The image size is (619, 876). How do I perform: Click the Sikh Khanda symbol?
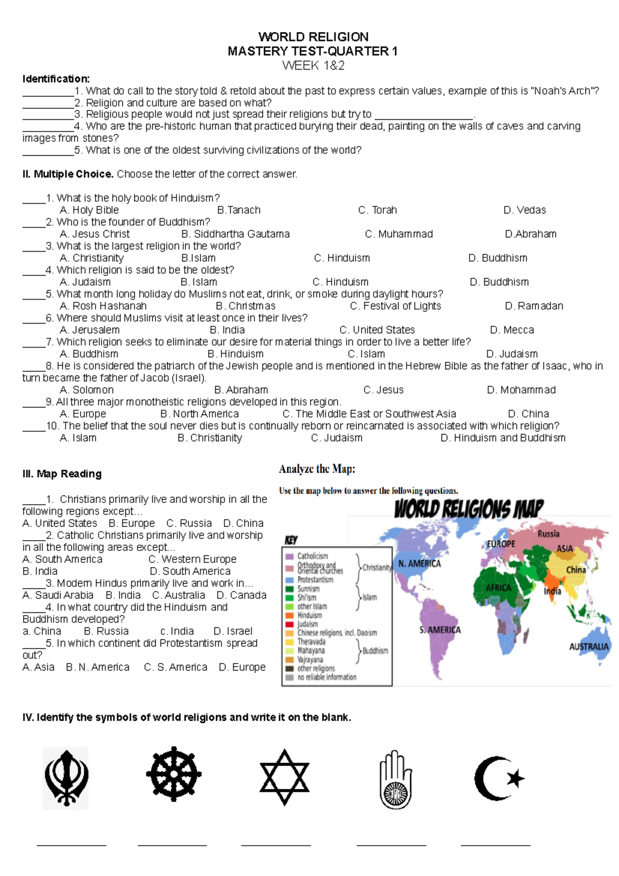(66, 778)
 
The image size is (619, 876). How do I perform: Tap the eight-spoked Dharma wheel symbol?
(173, 774)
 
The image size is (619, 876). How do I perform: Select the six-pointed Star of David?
(284, 777)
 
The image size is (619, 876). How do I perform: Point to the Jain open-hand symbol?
(395, 779)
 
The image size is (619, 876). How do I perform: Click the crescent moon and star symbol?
(499, 778)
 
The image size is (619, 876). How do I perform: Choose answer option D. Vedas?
(524, 210)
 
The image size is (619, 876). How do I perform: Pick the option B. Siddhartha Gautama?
(235, 234)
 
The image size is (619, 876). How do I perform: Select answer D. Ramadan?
(533, 306)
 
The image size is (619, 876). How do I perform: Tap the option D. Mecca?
(512, 330)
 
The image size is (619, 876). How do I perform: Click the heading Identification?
(56, 79)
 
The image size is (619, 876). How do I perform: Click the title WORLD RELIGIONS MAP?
(468, 509)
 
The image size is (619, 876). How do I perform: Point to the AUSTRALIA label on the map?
(589, 646)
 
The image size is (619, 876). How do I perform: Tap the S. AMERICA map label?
(439, 630)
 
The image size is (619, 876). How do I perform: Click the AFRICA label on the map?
(498, 588)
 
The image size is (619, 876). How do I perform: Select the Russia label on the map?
(548, 534)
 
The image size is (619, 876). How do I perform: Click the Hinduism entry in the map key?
(309, 615)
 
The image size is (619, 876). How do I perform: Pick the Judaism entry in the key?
(307, 624)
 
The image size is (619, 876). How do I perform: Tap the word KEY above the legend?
(291, 541)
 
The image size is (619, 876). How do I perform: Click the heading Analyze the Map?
(317, 469)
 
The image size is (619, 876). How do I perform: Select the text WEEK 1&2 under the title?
(313, 66)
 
